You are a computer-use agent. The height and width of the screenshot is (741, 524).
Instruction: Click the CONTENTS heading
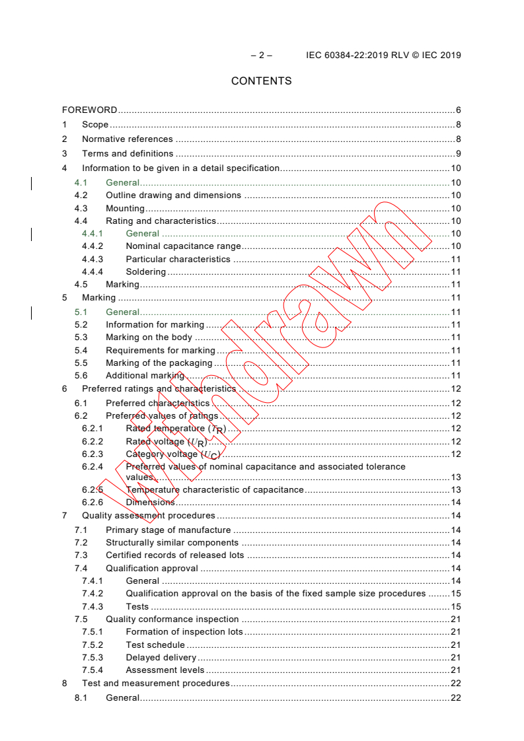pyautogui.click(x=261, y=81)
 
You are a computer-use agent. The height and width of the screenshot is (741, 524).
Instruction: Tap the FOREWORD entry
pyautogui.click(x=90, y=110)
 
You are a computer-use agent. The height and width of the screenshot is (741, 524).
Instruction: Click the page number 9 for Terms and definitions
pyautogui.click(x=458, y=154)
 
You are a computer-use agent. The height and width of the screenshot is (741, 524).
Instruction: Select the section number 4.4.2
pyautogui.click(x=93, y=246)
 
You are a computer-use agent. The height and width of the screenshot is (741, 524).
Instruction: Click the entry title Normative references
pyautogui.click(x=128, y=139)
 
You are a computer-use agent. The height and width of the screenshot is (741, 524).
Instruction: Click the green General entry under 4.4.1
pyautogui.click(x=143, y=234)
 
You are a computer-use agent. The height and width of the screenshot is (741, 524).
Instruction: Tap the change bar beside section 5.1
pyautogui.click(x=32, y=312)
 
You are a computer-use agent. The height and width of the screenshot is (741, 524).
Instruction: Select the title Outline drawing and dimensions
pyautogui.click(x=173, y=195)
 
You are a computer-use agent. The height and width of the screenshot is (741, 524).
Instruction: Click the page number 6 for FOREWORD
pyautogui.click(x=458, y=110)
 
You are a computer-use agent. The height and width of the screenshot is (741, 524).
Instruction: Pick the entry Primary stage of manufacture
pyautogui.click(x=168, y=530)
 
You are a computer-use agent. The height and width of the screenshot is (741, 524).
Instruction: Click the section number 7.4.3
pyautogui.click(x=93, y=606)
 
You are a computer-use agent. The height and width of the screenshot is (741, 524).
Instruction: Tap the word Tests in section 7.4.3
pyautogui.click(x=137, y=606)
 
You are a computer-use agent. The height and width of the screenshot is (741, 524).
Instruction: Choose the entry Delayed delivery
pyautogui.click(x=161, y=658)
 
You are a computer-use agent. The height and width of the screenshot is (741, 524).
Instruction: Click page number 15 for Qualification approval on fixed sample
pyautogui.click(x=456, y=594)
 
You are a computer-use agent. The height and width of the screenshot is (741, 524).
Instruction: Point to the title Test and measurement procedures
pyautogui.click(x=156, y=684)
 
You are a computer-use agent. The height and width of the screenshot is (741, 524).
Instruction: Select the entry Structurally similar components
pyautogui.click(x=172, y=543)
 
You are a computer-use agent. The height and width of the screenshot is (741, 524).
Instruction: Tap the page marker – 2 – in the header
pyautogui.click(x=262, y=55)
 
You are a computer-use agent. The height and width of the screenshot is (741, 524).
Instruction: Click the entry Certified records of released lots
pyautogui.click(x=175, y=555)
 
